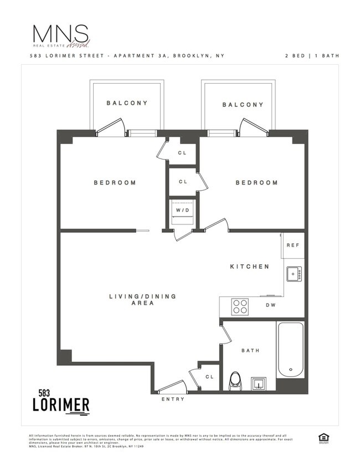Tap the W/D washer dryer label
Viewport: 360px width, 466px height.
(x=182, y=210)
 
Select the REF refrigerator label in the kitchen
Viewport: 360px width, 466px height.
(x=292, y=245)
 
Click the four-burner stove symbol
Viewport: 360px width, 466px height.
(x=240, y=306)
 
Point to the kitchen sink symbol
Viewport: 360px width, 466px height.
(x=294, y=273)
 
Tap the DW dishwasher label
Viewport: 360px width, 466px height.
(x=271, y=305)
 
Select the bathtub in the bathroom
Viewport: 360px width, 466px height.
(x=290, y=349)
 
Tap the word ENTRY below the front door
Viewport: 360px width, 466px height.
(x=173, y=399)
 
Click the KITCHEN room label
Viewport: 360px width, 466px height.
(x=250, y=267)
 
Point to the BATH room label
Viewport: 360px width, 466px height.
(x=250, y=350)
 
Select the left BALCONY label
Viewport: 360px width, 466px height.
(x=127, y=103)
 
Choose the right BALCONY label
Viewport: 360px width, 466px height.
(x=243, y=105)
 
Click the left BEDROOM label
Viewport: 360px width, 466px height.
(x=115, y=183)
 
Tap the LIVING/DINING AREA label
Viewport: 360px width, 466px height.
(x=142, y=300)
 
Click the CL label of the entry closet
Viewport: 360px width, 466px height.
(x=209, y=377)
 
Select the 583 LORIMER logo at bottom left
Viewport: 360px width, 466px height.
(x=60, y=401)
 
